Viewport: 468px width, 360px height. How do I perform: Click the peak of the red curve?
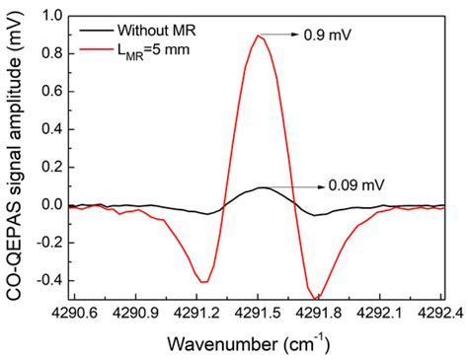click(x=259, y=36)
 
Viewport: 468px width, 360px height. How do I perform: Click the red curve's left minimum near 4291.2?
click(x=202, y=282)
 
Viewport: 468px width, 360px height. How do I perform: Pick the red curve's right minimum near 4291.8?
click(x=316, y=298)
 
